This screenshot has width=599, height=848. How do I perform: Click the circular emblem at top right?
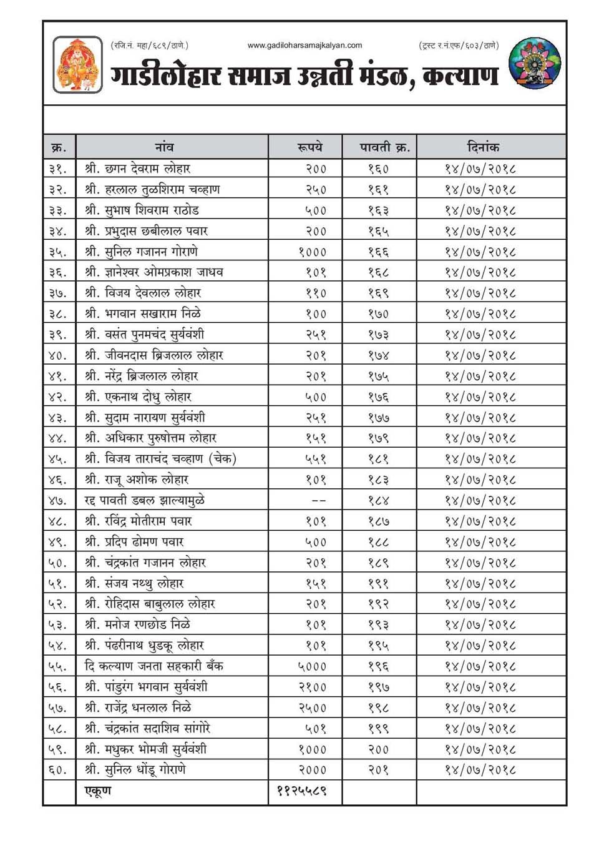pos(535,63)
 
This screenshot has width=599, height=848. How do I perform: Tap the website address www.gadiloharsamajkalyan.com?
pos(304,45)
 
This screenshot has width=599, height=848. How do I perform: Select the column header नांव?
pos(164,147)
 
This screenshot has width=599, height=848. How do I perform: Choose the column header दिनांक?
pos(483,147)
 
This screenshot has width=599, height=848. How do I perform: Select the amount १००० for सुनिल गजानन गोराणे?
pos(312,252)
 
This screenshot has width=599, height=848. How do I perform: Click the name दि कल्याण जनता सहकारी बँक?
pos(153,666)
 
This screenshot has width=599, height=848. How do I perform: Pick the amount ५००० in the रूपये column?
pos(312,666)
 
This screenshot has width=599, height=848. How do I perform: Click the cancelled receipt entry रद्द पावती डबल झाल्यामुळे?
pos(145,500)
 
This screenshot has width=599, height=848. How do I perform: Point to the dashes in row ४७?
pos(318,500)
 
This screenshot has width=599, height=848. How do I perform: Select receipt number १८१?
pos(378,459)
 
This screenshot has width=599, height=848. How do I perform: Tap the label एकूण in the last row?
pos(98,791)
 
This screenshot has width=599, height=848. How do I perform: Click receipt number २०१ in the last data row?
pos(378,770)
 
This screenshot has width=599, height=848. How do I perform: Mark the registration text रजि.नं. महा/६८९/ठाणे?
pos(149,45)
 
